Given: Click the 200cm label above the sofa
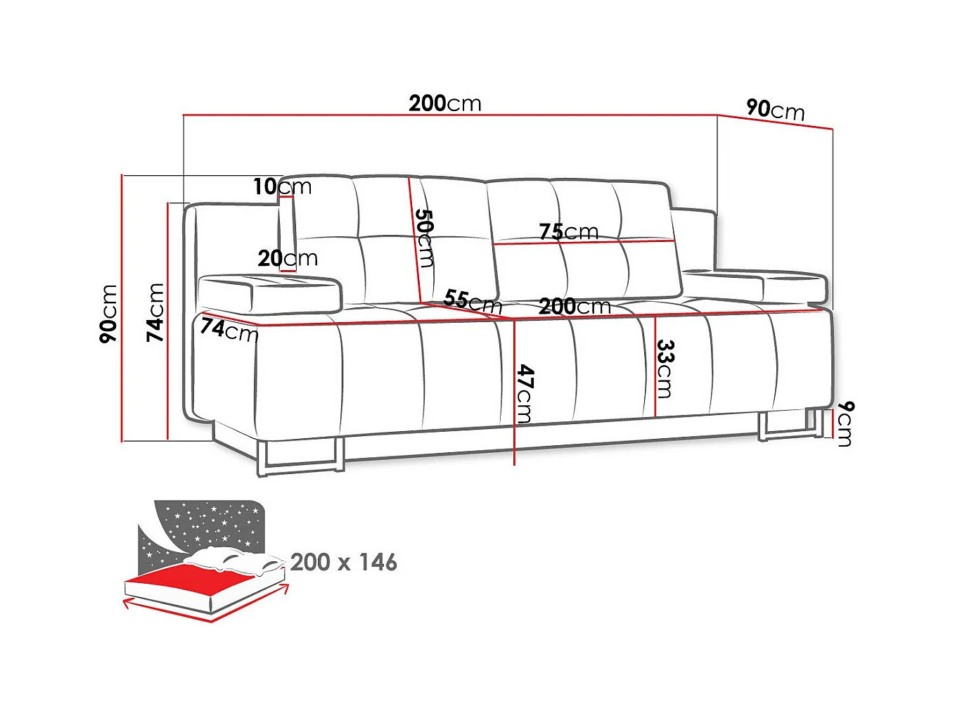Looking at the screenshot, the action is (x=445, y=103).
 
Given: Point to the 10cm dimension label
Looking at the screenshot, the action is (x=282, y=186).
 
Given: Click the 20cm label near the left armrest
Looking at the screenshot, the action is (x=287, y=258).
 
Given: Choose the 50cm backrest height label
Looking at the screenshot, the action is (x=424, y=238).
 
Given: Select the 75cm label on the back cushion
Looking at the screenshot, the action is (x=568, y=231).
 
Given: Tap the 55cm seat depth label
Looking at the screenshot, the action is (x=473, y=301).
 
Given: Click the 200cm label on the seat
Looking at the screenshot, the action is (x=575, y=306).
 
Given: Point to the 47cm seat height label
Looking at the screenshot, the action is (x=525, y=394).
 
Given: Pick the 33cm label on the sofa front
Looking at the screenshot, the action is (x=665, y=369).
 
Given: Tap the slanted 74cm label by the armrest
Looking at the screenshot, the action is (x=229, y=329).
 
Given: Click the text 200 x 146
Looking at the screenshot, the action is (x=343, y=562).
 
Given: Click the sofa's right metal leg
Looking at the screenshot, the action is (x=791, y=426).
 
